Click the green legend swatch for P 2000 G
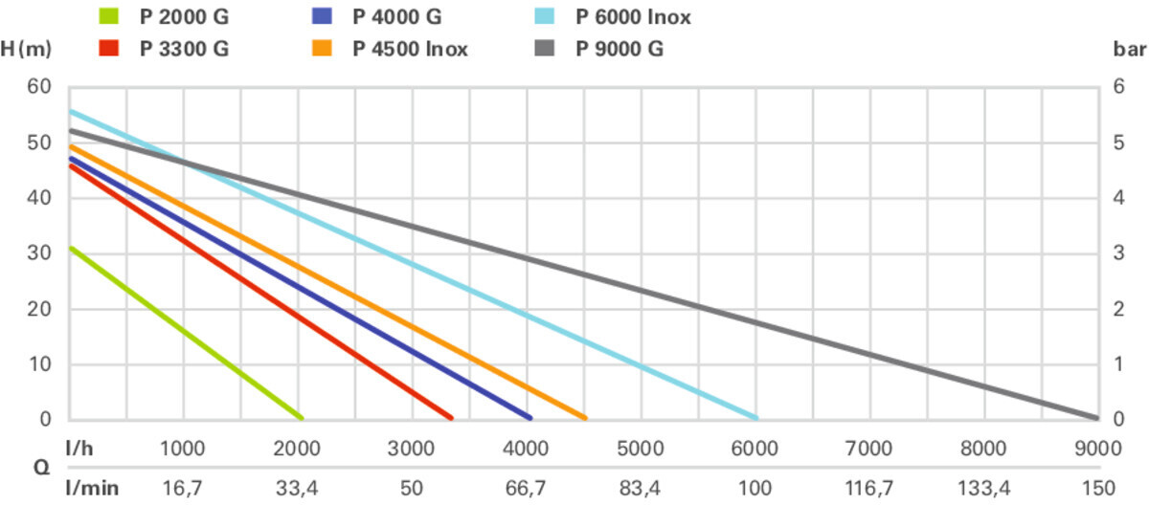108,17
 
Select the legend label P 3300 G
184,49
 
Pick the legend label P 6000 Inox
633,17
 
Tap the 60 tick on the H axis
38,88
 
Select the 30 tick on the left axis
38,254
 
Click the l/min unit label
92,488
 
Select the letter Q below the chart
43,469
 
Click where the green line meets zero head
301,418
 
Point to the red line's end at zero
451,418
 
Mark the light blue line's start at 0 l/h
70,111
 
